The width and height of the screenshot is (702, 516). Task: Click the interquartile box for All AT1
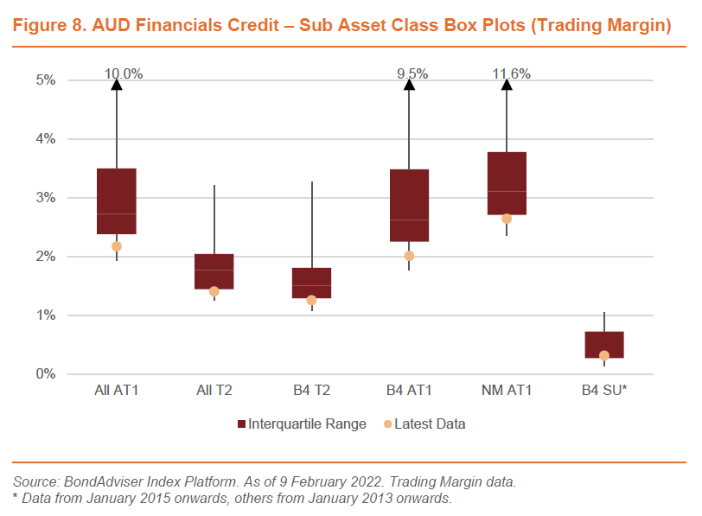click(117, 201)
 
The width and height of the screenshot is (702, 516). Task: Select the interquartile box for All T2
click(214, 271)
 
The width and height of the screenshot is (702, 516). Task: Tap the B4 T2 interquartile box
click(311, 283)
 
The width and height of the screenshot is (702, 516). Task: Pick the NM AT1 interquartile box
click(507, 183)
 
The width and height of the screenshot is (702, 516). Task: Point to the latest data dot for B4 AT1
click(409, 256)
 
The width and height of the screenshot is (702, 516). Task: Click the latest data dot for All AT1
click(117, 246)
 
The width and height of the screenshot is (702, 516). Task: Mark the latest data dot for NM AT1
click(507, 219)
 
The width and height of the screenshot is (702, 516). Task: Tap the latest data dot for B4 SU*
click(604, 355)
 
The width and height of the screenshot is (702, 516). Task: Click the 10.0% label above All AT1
click(124, 74)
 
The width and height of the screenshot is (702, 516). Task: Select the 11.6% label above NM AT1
click(511, 74)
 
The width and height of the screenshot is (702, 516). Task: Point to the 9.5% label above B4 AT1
click(412, 74)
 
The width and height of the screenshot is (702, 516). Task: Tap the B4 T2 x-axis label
click(311, 392)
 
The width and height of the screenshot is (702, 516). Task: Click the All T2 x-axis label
click(214, 392)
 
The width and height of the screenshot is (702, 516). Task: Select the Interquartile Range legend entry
click(306, 424)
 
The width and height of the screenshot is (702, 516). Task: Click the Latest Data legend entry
click(429, 424)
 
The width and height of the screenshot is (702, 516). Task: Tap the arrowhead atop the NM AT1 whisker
click(507, 85)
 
